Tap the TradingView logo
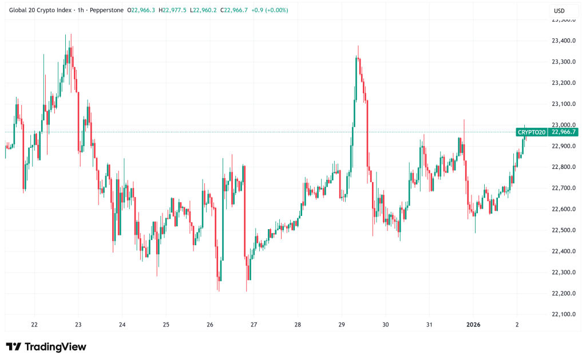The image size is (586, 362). [46, 347]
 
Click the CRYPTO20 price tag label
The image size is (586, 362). [532, 132]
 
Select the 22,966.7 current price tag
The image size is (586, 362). [564, 132]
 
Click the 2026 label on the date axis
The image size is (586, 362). [473, 325]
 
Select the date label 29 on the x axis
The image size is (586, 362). [341, 325]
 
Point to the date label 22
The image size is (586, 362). [34, 325]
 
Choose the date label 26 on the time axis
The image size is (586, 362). [210, 325]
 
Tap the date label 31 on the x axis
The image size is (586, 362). [429, 325]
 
